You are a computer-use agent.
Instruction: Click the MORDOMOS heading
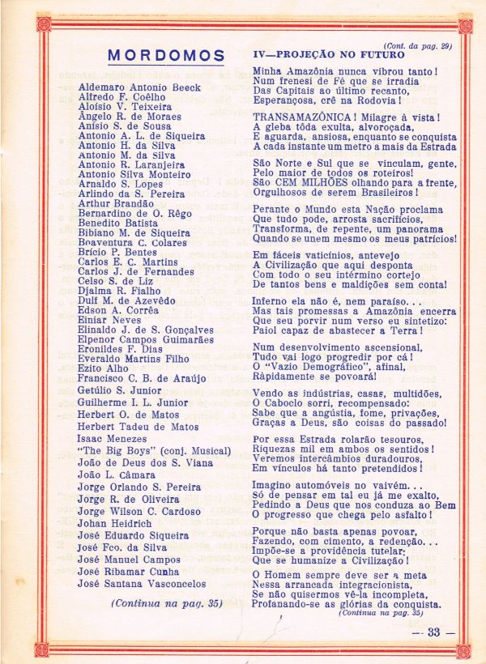pos(166,56)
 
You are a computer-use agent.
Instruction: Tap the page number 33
pos(434,632)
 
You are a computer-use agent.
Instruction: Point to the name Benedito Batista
pos(118,222)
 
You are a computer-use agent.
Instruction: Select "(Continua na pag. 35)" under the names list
pos(166,603)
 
